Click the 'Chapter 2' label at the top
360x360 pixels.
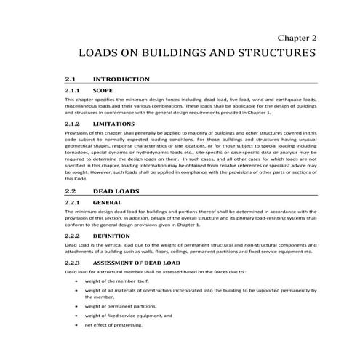297,36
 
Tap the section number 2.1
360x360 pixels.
71,79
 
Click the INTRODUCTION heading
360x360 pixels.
121,79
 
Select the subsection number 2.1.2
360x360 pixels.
72,124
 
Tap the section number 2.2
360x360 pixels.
71,190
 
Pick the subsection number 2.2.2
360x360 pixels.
72,236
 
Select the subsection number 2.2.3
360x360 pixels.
72,262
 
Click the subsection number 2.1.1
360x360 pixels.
72,91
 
